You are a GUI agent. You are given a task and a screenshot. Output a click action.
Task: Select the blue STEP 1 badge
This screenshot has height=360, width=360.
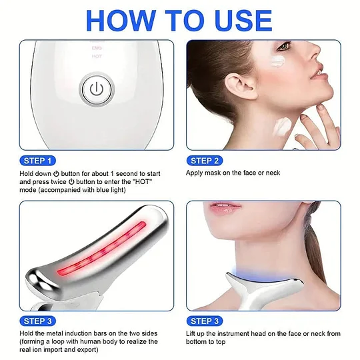click(x=39, y=160)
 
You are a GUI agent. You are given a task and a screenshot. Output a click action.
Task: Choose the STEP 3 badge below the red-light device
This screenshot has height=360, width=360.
click(x=39, y=321)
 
